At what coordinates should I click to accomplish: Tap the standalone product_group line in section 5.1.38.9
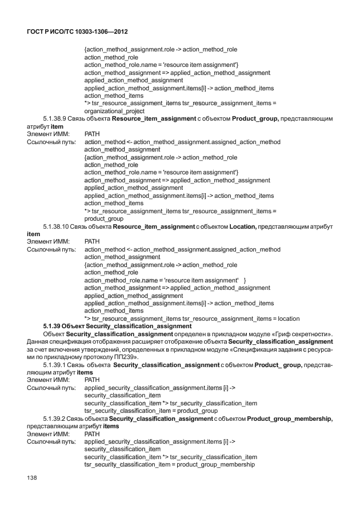coord(104,218)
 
